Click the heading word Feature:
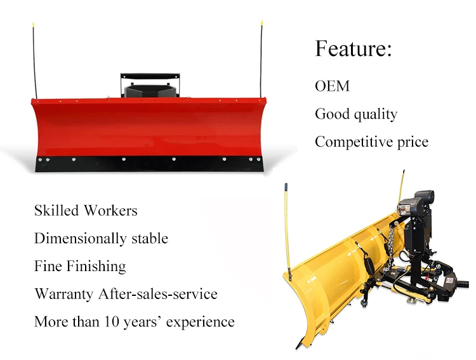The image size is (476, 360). point(354,48)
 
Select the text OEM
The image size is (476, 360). point(332,86)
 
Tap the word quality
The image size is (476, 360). point(376,115)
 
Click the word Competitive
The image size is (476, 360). point(354,142)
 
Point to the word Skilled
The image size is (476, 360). point(56,210)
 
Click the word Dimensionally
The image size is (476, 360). point(80,239)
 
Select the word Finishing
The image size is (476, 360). point(96,267)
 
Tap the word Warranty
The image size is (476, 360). point(63,295)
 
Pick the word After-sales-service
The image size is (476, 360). point(158,294)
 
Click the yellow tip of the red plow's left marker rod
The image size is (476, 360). point(33,24)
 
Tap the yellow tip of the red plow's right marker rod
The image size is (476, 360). point(261,23)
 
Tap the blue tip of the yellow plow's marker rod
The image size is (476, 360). point(286,187)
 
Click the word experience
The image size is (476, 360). point(201,323)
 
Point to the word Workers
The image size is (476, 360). point(110,210)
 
